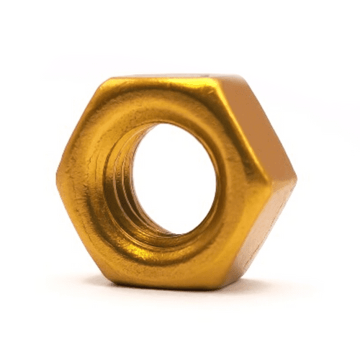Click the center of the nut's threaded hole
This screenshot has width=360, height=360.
[x=175, y=179]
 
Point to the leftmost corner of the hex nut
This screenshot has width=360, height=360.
[x=57, y=173]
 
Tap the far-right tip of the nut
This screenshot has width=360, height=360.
[x=295, y=177]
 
